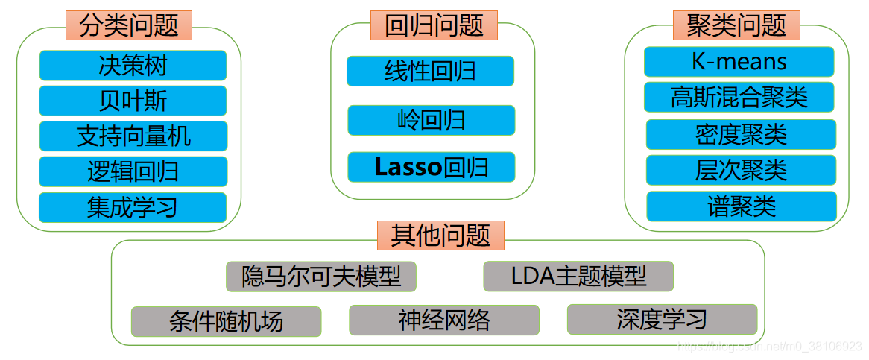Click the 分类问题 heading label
(x=129, y=25)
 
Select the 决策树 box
(x=133, y=66)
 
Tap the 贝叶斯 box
(x=133, y=101)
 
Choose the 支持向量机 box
(x=133, y=136)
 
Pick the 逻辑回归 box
(x=133, y=171)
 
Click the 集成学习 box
(x=133, y=207)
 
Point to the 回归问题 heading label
(x=434, y=25)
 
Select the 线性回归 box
(x=430, y=71)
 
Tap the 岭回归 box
(x=431, y=120)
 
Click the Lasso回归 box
(x=431, y=167)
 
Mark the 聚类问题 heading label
(x=736, y=25)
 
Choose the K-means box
(x=739, y=62)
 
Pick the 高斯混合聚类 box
(x=739, y=97)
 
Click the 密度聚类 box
(x=741, y=135)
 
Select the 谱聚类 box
(x=741, y=206)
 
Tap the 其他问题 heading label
(x=440, y=236)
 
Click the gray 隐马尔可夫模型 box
(x=321, y=277)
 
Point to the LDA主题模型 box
(x=578, y=277)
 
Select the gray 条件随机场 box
(x=226, y=321)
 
